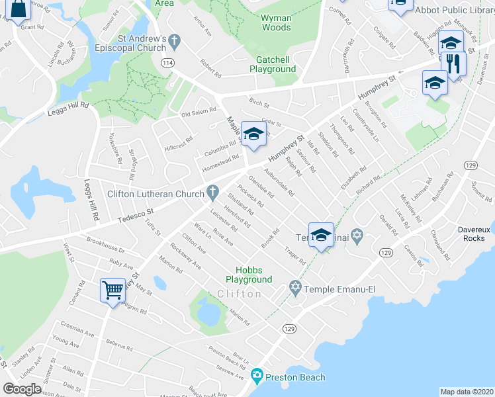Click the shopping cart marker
[112, 289]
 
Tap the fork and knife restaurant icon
[453, 65]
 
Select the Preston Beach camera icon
[257, 377]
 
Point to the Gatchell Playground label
[271, 64]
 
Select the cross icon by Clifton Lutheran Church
[212, 194]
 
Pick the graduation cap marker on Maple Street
[252, 134]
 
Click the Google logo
[22, 388]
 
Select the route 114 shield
[167, 62]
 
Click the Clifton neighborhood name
[239, 293]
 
